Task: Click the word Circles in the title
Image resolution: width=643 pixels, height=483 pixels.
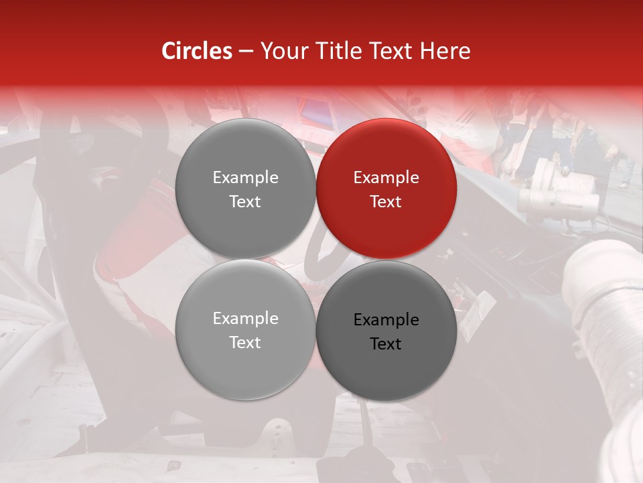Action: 196,51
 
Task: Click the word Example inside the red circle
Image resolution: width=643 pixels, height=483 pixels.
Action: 386,178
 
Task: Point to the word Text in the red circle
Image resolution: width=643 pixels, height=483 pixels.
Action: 386,201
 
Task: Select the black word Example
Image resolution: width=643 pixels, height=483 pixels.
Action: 386,320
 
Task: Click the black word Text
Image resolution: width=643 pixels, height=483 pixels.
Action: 386,344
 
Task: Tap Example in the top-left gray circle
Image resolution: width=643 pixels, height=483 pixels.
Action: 245,178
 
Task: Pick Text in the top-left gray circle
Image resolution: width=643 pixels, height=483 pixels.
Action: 245,201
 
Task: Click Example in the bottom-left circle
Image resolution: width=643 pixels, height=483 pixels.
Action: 245,319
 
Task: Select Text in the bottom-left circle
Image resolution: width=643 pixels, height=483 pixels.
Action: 245,342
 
